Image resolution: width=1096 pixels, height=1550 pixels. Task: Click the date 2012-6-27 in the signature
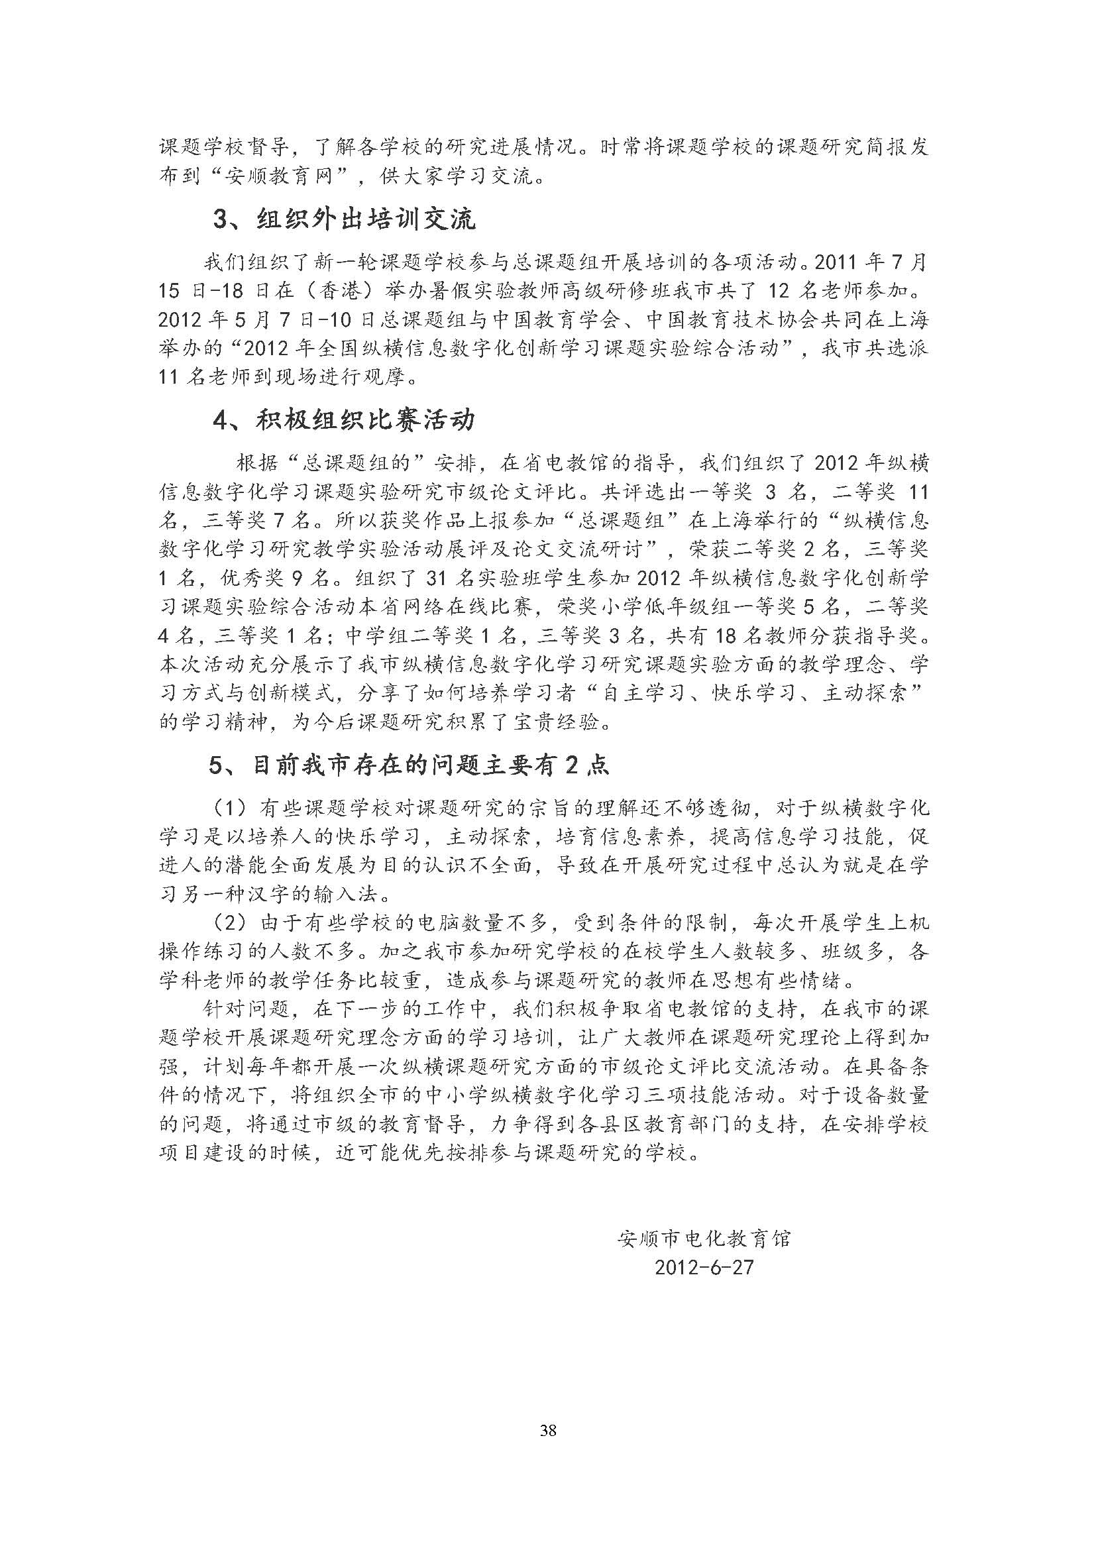coord(703,1267)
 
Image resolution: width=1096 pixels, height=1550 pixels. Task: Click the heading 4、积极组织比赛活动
coord(344,420)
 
